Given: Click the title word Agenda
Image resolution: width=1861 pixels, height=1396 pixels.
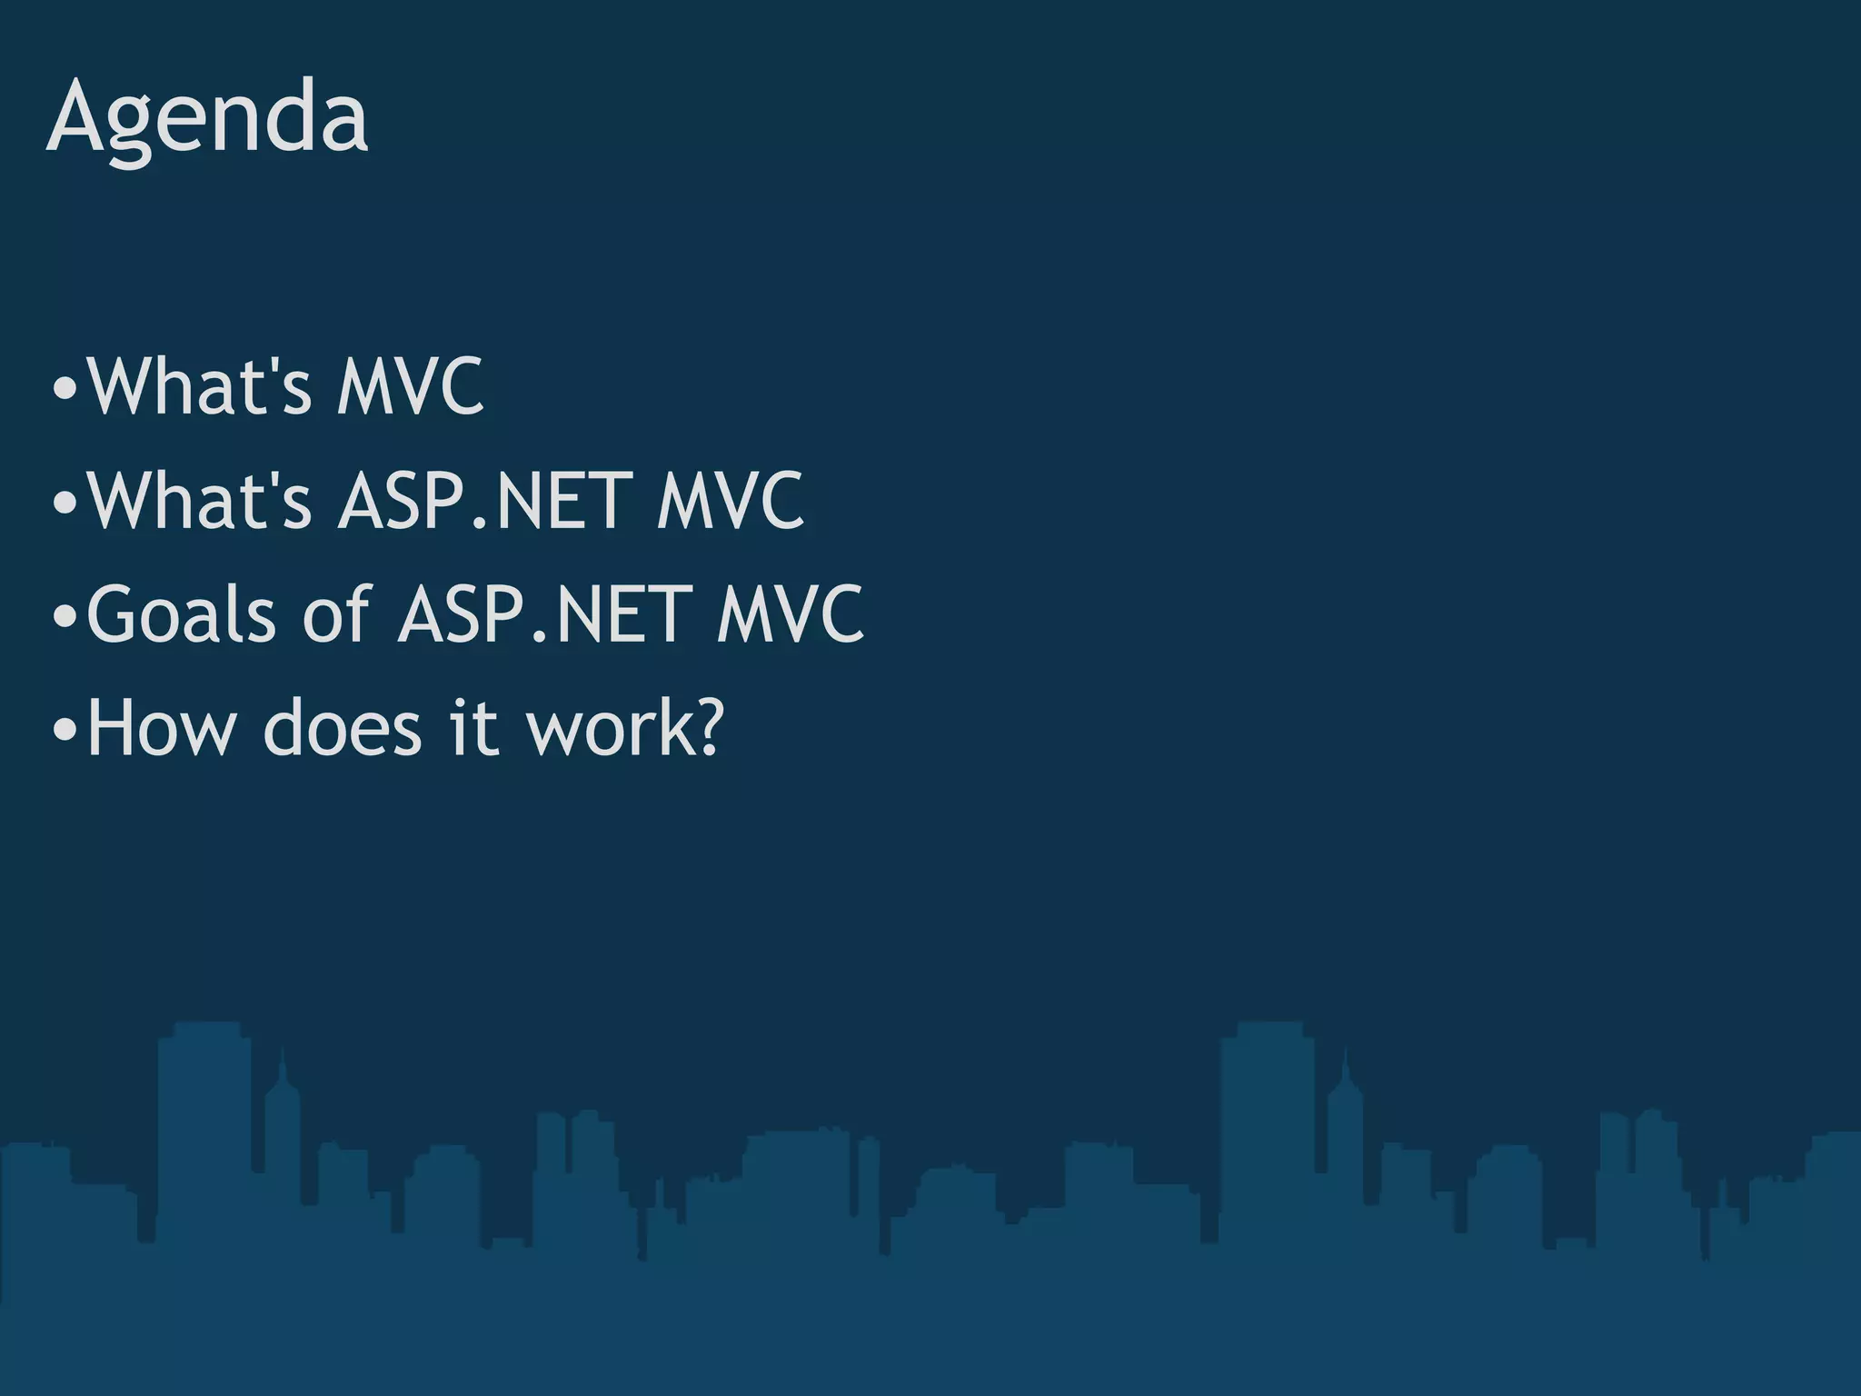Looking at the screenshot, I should pyautogui.click(x=207, y=118).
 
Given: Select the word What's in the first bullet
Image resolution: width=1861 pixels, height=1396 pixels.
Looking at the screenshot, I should pyautogui.click(x=199, y=387).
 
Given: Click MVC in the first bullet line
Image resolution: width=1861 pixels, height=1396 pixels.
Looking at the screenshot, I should pyautogui.click(x=410, y=387).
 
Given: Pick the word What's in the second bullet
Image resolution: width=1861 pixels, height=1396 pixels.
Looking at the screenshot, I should pyautogui.click(x=199, y=501).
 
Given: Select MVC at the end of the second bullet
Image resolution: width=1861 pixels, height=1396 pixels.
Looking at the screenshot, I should pyautogui.click(x=731, y=501).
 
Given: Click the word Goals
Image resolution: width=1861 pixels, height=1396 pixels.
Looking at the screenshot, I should pyautogui.click(x=181, y=614).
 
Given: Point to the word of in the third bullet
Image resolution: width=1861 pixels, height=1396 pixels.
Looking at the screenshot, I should pyautogui.click(x=336, y=614).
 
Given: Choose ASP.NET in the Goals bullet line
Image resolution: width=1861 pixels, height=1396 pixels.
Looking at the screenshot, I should pyautogui.click(x=542, y=614).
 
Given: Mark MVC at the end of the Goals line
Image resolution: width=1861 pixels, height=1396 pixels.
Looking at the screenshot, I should pyautogui.click(x=790, y=614).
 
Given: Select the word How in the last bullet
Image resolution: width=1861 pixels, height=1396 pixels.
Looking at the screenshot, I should pyautogui.click(x=160, y=728).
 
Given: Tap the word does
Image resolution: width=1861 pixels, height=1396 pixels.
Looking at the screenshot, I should pyautogui.click(x=343, y=728).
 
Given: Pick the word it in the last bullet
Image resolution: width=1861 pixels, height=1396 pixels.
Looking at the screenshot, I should pyautogui.click(x=474, y=728).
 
